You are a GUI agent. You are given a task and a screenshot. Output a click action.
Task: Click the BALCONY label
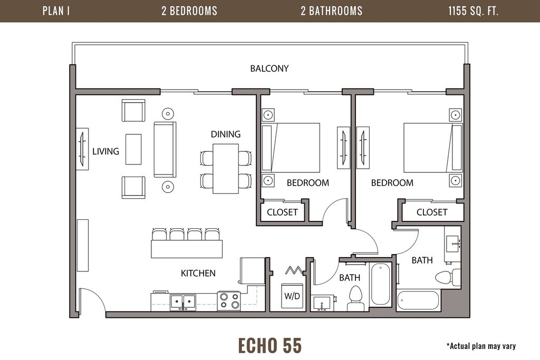coord(269,69)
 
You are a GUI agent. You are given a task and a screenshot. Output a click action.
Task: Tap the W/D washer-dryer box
coord(292,296)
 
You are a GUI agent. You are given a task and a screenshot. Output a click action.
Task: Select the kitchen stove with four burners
coord(229,301)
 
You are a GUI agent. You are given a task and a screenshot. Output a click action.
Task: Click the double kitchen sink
coord(182,303)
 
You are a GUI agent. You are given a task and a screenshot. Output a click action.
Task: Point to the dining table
coord(226,169)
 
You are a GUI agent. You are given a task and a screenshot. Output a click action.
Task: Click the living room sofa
coord(165,149)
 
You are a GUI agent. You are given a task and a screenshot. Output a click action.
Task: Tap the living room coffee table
coord(133,149)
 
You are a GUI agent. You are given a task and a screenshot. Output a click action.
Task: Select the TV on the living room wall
coord(82,149)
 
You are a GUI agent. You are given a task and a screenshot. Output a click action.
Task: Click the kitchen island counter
coord(187,249)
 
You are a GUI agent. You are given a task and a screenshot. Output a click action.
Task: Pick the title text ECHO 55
coord(270,345)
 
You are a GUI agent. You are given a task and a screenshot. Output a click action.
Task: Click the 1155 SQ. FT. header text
coord(473,11)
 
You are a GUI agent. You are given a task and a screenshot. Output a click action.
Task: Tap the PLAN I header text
coord(56,11)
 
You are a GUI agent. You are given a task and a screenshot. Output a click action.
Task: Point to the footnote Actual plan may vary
coord(481,346)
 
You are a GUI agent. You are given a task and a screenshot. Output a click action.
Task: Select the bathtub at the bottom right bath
coord(418,300)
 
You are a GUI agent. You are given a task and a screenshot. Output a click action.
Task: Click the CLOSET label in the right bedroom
coord(432,212)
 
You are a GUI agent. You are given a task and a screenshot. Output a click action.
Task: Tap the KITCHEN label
coord(198,273)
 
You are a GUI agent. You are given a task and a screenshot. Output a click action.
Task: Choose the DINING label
coord(226,134)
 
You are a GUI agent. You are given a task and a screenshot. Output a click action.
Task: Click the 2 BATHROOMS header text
coord(331,11)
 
